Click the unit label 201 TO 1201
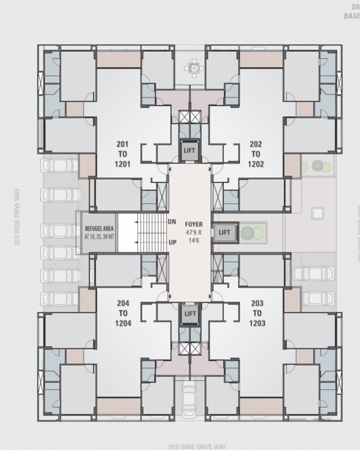pos(122,154)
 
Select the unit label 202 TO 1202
pos(256,154)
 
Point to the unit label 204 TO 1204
pos(123,313)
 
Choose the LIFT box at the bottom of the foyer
pos(190,313)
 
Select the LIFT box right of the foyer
pos(224,232)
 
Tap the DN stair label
pos(172,222)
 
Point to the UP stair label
pos(172,241)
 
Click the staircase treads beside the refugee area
pos(148,232)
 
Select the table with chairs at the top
pos(192,69)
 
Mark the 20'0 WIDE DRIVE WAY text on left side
pos(19,209)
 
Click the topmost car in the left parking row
pos(62,166)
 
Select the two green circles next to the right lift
pos(252,232)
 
